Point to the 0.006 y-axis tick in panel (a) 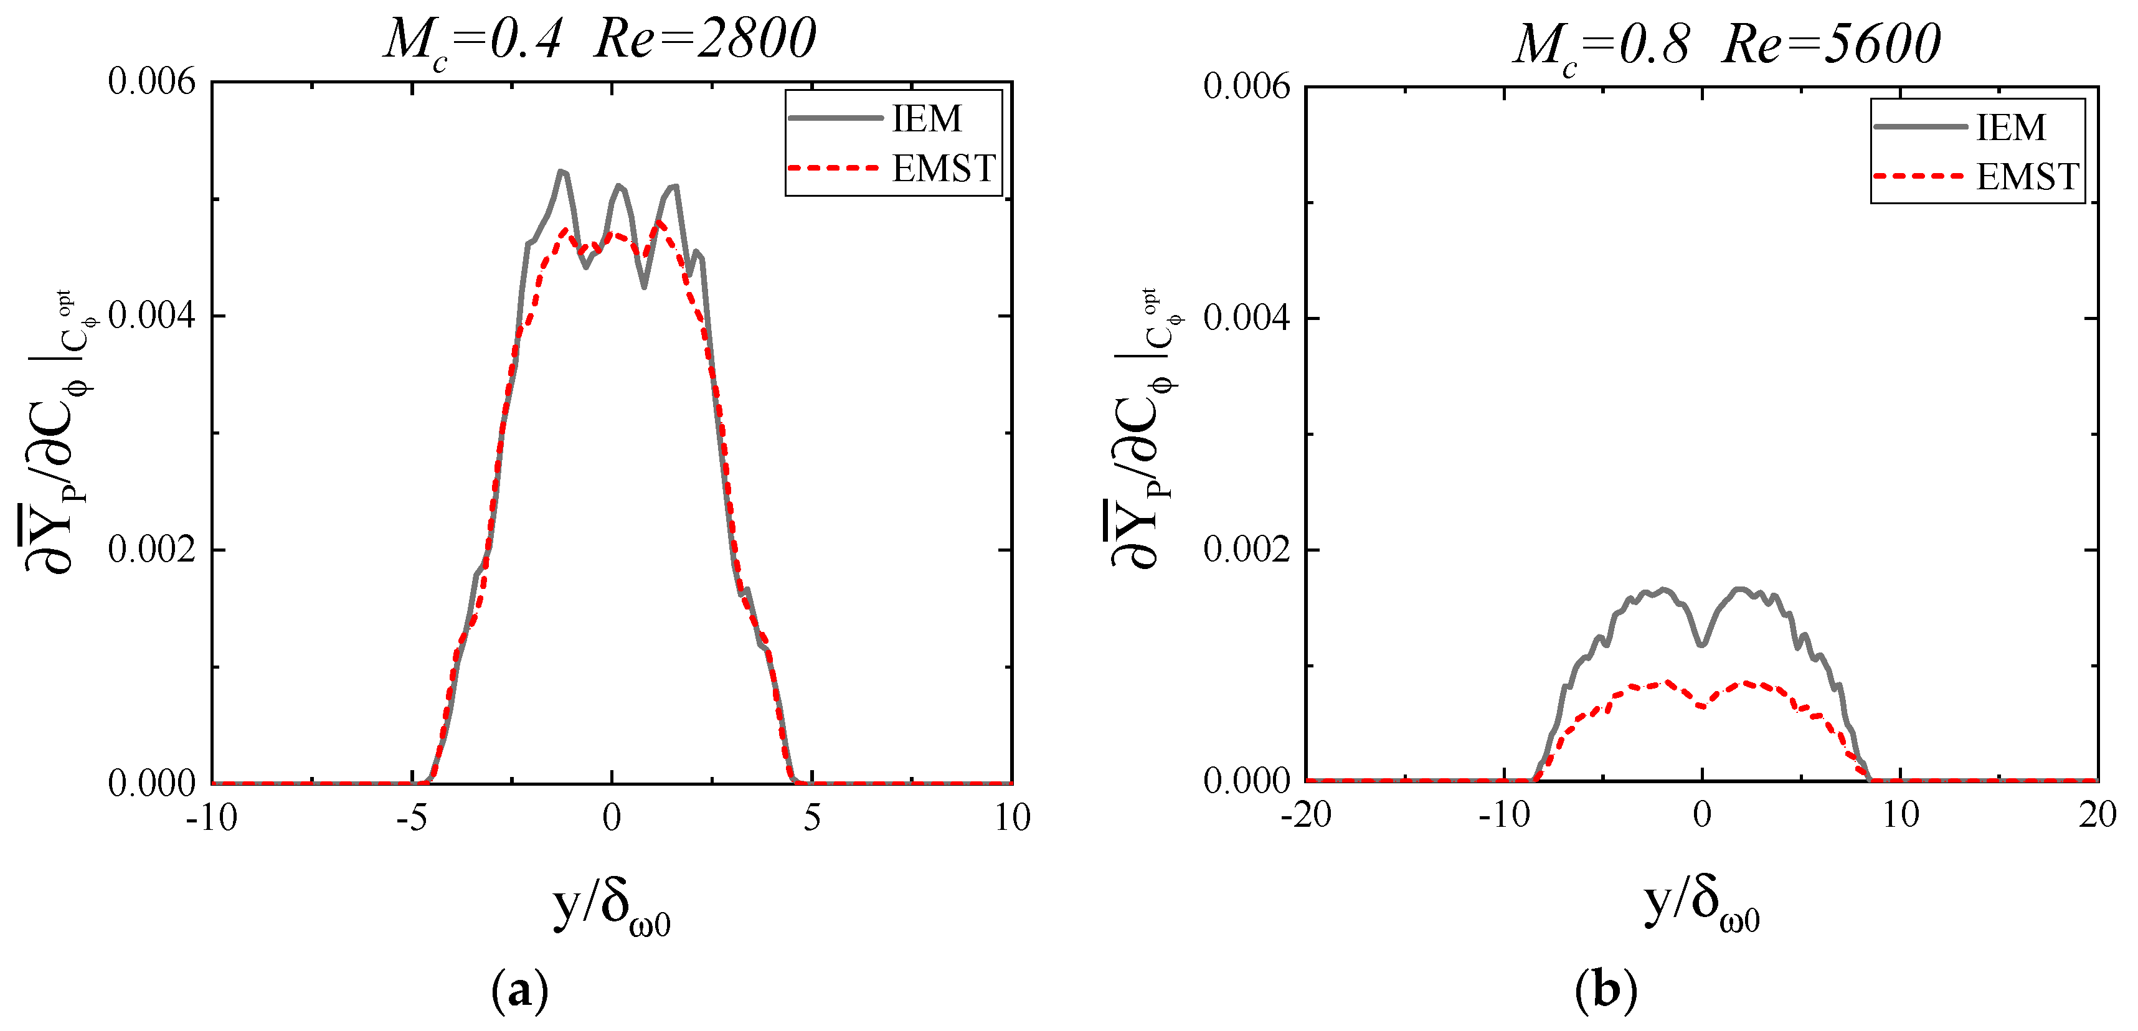click(x=151, y=82)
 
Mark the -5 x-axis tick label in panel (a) click(x=411, y=818)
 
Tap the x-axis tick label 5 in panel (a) click(x=811, y=818)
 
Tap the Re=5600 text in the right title click(x=1832, y=44)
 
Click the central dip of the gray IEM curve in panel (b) click(x=1702, y=644)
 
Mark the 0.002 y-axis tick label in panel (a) click(x=151, y=549)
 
